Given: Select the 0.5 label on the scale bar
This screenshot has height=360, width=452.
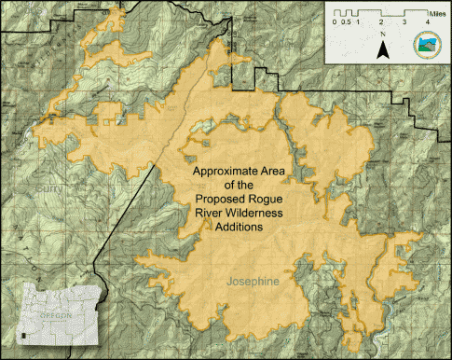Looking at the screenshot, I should (x=345, y=21).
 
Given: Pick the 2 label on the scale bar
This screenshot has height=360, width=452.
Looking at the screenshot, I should (x=380, y=21).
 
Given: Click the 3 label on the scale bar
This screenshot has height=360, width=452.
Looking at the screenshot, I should (x=404, y=21).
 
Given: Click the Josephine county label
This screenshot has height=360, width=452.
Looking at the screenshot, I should (x=253, y=279).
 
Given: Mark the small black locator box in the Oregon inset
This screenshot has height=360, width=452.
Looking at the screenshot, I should (x=21, y=334).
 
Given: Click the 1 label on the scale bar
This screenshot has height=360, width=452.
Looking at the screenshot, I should (x=358, y=21).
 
